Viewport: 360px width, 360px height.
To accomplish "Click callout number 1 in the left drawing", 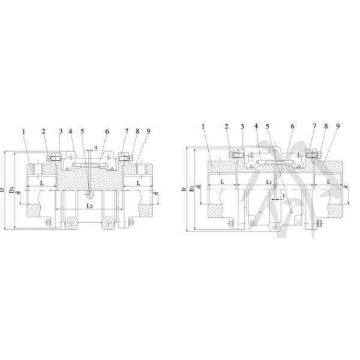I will tap(23, 131).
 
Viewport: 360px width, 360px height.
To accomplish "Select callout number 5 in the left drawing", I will tap(82, 131).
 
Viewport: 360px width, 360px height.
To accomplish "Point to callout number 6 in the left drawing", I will tap(107, 131).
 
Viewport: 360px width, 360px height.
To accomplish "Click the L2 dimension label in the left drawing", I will tap(89, 206).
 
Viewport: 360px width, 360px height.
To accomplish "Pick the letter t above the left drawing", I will tap(96, 147).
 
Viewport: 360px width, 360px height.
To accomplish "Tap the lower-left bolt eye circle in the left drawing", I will tap(71, 223).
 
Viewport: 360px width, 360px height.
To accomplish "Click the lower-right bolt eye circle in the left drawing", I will tap(107, 223).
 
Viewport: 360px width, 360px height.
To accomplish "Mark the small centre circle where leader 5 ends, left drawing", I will tap(89, 193).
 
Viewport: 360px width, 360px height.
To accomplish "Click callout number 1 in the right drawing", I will tap(204, 127).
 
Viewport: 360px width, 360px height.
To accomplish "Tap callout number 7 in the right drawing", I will tap(314, 127).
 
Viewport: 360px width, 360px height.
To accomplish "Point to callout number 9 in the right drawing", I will tap(338, 127).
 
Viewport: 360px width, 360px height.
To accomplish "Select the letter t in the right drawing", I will tap(283, 196).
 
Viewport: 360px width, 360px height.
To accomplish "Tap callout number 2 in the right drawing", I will tap(227, 127).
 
